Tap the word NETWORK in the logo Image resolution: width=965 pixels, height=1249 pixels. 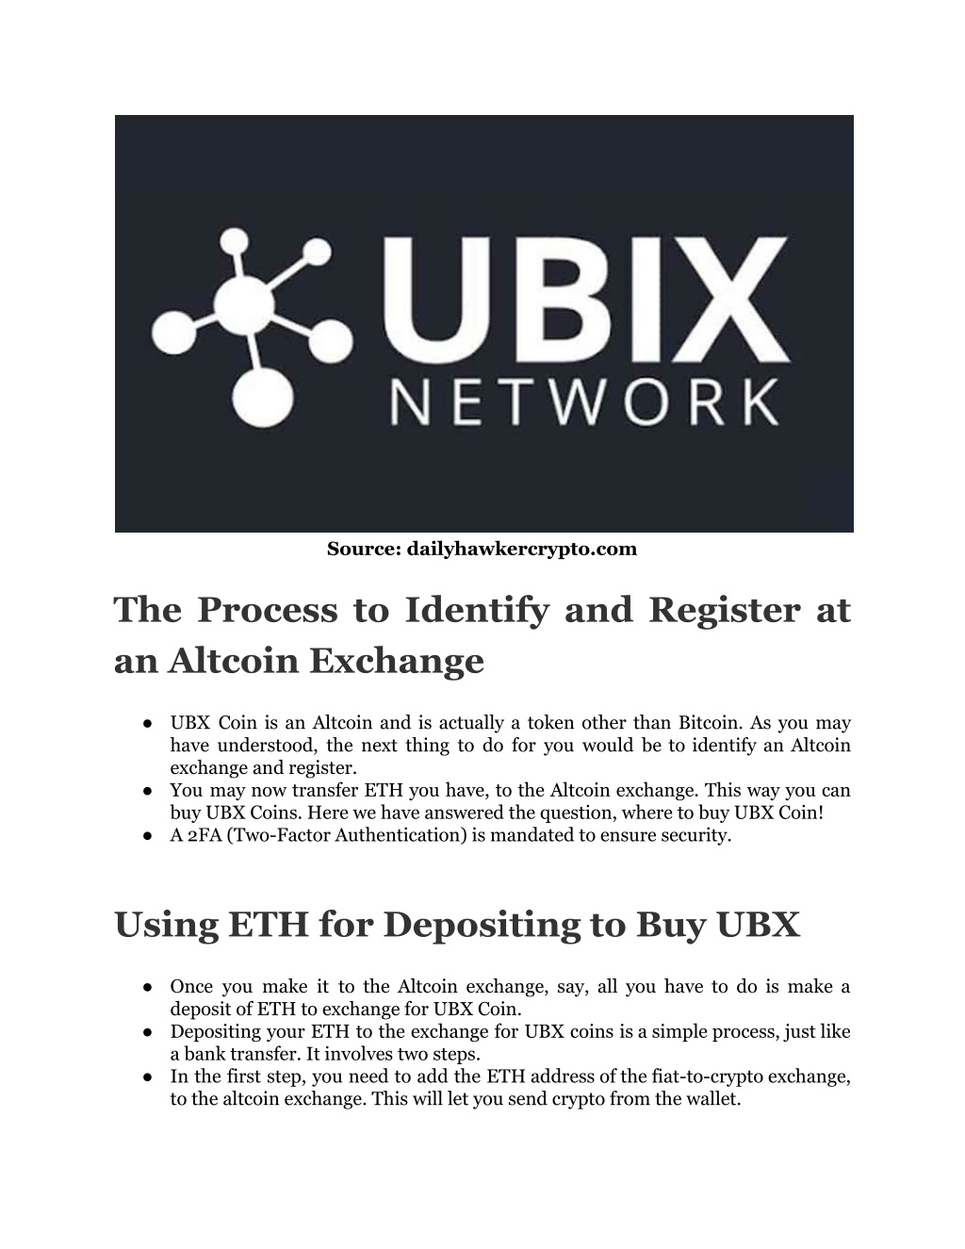point(584,403)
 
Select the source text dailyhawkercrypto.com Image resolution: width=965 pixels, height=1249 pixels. point(521,549)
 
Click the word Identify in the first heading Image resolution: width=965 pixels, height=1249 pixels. point(477,611)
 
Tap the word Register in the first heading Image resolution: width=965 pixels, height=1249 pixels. point(725,611)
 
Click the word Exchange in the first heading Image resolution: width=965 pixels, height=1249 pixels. point(397,661)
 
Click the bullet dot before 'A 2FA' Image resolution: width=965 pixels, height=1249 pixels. point(148,836)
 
